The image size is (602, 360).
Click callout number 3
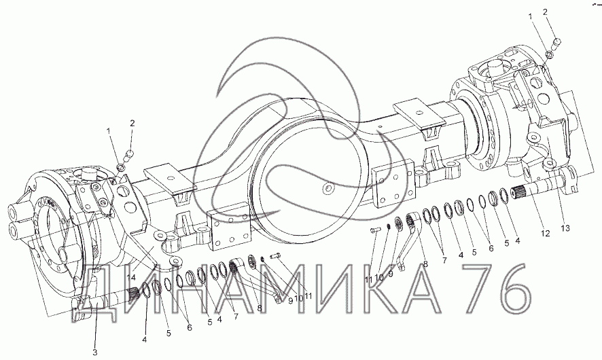95,353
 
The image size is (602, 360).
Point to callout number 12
545,234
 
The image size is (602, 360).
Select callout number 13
565,228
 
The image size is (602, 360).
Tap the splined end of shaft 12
520,191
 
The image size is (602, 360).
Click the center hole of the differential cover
327,188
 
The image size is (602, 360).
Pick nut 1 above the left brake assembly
120,167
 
